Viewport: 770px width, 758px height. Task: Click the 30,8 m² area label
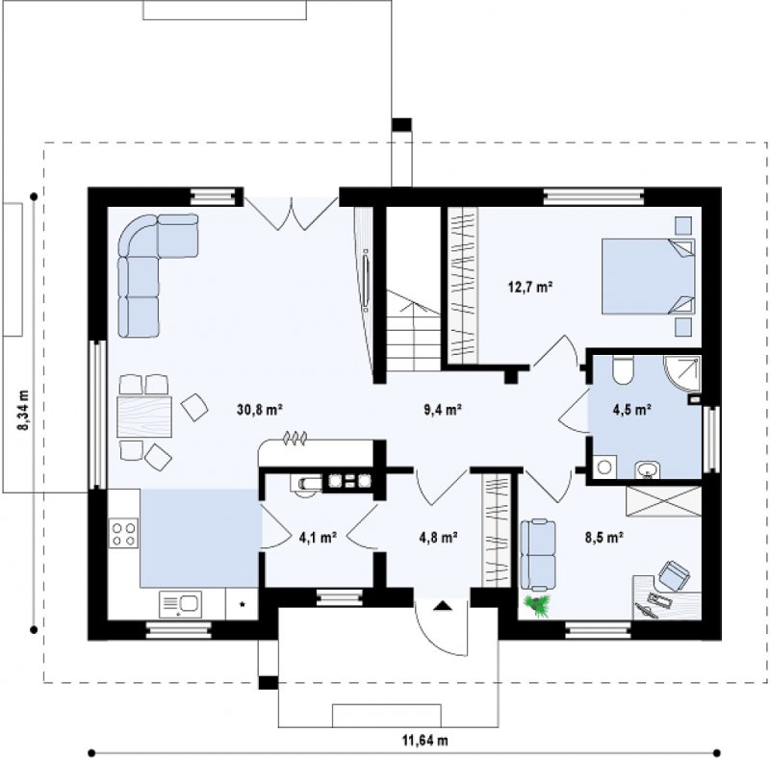(259, 410)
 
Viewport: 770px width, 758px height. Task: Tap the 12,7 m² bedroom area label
(530, 288)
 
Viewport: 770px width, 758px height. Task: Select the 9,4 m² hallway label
(442, 410)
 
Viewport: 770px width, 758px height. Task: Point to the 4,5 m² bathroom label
(632, 410)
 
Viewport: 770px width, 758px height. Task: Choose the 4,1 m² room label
(318, 538)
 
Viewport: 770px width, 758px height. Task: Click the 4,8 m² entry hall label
(439, 538)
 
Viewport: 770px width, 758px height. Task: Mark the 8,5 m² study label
(604, 538)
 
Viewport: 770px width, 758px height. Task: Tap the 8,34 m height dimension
(23, 411)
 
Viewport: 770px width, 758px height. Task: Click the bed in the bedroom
(648, 276)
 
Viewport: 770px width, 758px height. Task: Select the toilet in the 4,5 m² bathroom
(624, 369)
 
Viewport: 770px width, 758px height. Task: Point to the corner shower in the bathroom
(682, 372)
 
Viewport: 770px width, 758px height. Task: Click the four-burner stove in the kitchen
(123, 534)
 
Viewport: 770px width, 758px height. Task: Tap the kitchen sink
(180, 604)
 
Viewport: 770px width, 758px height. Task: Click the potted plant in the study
(537, 604)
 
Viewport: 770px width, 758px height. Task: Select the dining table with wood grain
(144, 417)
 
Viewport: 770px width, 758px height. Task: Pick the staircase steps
(414, 331)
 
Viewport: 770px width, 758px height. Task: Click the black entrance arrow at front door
(443, 605)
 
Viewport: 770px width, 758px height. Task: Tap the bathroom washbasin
(648, 469)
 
